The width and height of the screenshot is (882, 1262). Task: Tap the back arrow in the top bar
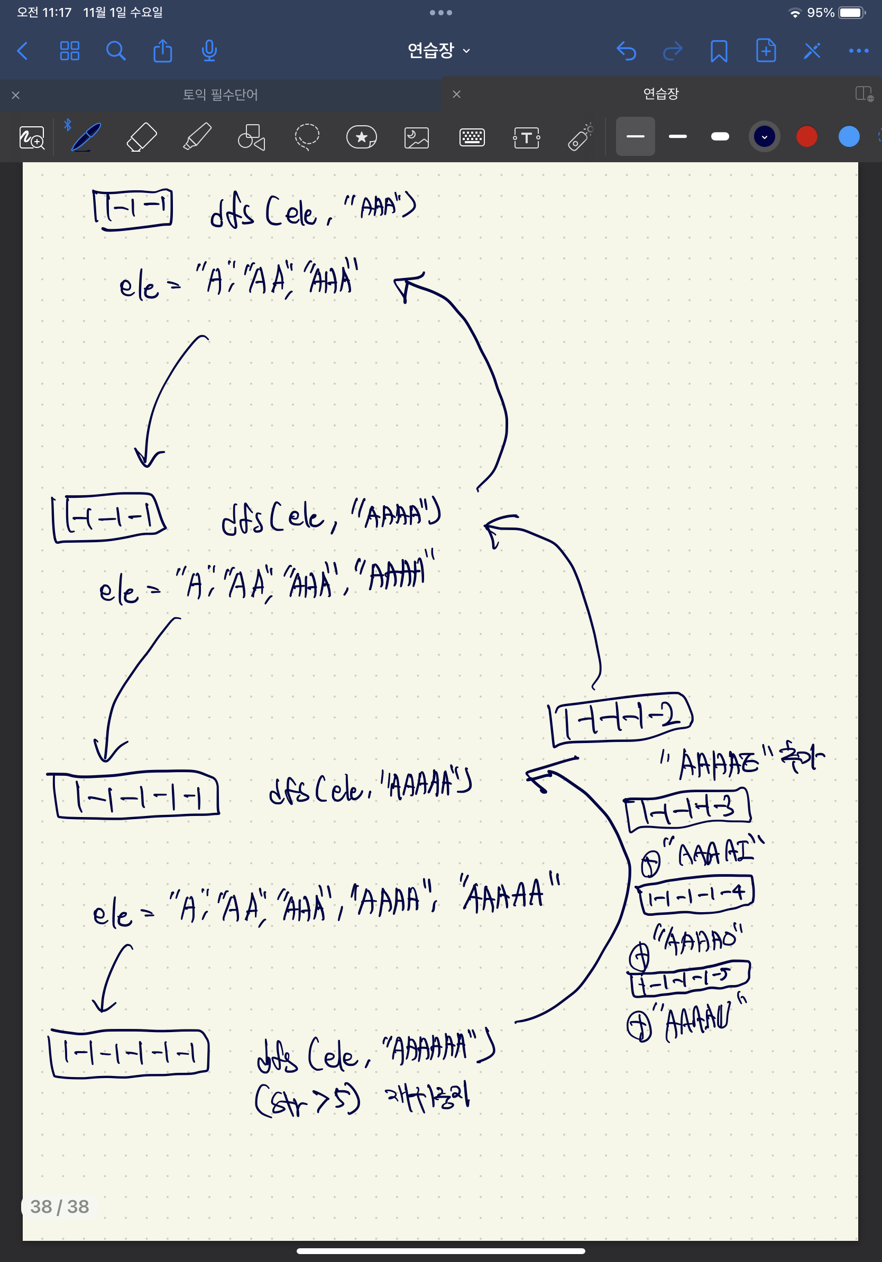click(23, 51)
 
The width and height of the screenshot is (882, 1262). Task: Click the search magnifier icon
click(115, 51)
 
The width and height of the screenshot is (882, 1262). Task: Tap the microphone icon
click(209, 51)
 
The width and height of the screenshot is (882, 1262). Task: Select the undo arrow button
click(626, 51)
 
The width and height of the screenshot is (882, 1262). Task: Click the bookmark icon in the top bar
click(719, 51)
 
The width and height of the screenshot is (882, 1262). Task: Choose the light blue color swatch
click(849, 136)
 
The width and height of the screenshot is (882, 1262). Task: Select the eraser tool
click(141, 137)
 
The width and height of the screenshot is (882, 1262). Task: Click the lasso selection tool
click(307, 137)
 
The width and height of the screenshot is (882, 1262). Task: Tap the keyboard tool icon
click(472, 137)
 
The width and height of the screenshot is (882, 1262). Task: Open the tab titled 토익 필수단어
click(220, 95)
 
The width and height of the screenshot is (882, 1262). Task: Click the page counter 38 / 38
click(59, 1206)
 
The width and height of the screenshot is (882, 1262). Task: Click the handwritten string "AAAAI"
click(714, 853)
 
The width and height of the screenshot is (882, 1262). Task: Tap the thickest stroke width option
click(720, 136)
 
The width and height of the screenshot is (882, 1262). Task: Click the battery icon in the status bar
click(852, 13)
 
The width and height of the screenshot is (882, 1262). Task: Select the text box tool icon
click(526, 137)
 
